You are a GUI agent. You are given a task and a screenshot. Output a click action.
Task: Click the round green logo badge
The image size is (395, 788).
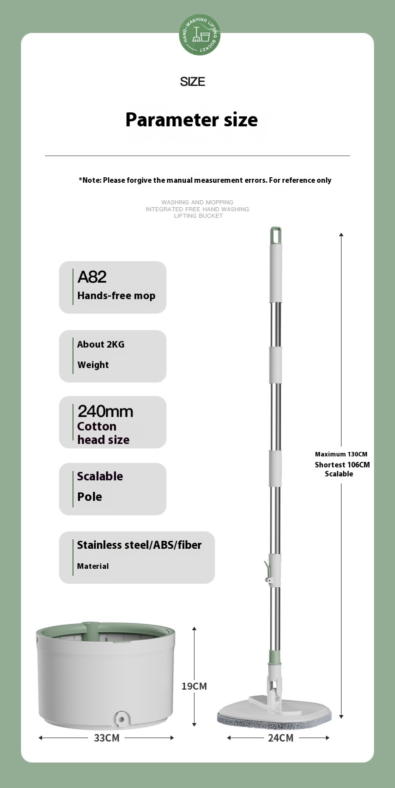(x=199, y=34)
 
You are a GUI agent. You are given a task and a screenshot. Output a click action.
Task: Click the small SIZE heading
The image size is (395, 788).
(x=192, y=82)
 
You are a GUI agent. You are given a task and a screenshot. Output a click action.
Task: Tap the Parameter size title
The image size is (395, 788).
(x=191, y=120)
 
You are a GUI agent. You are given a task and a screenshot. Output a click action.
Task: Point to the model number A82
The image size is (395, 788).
(x=92, y=277)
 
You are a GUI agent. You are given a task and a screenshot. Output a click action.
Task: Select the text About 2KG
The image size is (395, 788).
(x=100, y=344)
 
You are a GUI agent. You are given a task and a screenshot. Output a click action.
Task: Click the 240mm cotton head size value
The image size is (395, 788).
(x=105, y=411)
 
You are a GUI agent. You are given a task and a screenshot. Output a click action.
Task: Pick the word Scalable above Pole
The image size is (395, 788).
(x=100, y=476)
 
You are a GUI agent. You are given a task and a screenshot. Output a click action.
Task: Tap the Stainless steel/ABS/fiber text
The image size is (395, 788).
(x=139, y=545)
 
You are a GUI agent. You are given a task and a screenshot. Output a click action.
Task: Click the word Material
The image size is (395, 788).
(x=93, y=566)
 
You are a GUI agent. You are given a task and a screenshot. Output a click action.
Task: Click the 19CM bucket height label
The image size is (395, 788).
(x=194, y=686)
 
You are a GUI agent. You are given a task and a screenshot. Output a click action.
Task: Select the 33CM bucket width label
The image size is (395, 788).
(x=106, y=738)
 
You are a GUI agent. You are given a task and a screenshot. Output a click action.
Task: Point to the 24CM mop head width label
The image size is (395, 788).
(x=280, y=738)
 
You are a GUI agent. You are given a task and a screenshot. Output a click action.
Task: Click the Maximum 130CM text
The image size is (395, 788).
(x=341, y=454)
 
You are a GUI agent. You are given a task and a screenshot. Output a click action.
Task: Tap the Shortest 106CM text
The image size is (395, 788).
(x=342, y=465)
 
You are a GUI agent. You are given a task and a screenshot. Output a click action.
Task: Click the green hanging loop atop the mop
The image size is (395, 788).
(x=275, y=234)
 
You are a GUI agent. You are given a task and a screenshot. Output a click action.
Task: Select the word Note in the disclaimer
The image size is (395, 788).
(x=91, y=180)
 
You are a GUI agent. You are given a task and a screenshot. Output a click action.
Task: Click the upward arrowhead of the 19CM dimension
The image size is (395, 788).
(x=194, y=629)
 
